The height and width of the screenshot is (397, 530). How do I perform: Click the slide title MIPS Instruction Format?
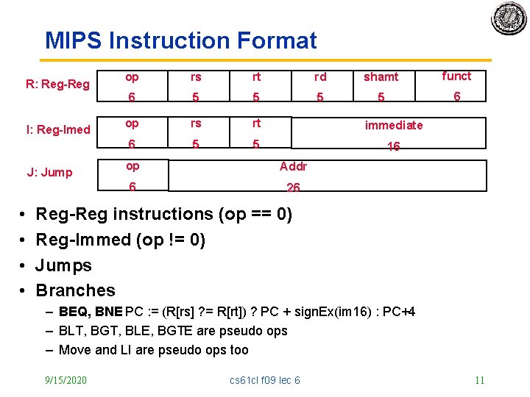180,40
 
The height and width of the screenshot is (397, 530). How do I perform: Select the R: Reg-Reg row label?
57,84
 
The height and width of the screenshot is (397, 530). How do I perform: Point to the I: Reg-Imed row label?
58,129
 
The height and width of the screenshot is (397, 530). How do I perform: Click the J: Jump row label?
49,172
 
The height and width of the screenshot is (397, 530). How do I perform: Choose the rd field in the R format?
320,76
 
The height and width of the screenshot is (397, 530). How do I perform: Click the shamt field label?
381,76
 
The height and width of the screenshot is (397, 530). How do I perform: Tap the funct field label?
456,76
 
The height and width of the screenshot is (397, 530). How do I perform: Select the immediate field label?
394,125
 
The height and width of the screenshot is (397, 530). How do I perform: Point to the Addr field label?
293,166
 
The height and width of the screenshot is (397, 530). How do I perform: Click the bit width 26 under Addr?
293,187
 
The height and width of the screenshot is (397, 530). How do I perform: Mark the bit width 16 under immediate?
394,146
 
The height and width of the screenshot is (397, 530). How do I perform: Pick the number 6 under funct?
456,96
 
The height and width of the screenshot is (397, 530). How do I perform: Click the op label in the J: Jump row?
132,166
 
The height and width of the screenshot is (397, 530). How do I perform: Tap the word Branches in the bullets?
76,290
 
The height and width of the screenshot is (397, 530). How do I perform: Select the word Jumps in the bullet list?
64,265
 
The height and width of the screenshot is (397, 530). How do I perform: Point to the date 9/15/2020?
66,380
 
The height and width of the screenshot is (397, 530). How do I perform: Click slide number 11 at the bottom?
479,380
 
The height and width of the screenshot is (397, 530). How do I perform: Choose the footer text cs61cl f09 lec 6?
265,380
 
